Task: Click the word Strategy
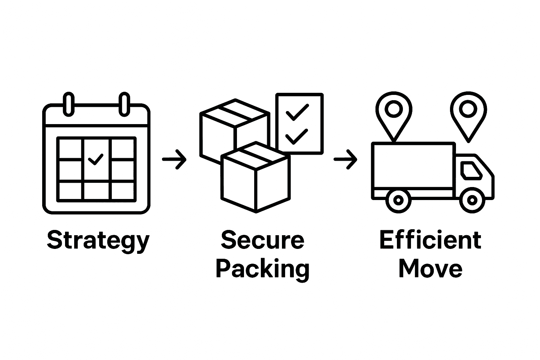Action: coord(98,241)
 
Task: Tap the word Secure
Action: coord(262,240)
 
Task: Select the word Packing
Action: coord(262,269)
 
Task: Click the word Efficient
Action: coord(430,240)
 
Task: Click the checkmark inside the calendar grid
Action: coord(96,159)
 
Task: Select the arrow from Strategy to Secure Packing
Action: coord(174,159)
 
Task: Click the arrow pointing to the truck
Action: coord(346,159)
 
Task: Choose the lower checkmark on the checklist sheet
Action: coord(296,136)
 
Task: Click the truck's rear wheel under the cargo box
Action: coord(398,200)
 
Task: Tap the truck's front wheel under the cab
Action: coord(471,200)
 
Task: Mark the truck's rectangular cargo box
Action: coord(413,165)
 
